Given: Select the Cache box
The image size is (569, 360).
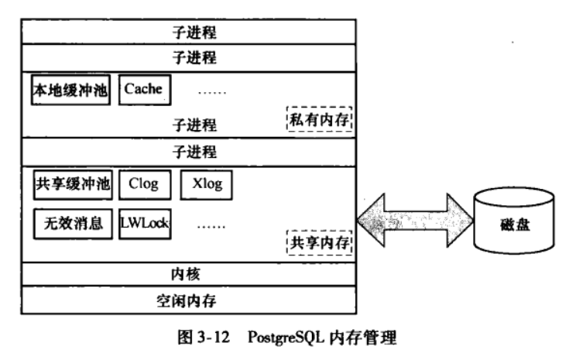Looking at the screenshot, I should tap(144, 89).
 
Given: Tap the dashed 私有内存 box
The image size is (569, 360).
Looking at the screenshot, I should tap(319, 119).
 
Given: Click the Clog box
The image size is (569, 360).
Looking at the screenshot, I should tap(144, 184).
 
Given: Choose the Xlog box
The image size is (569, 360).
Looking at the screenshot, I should tap(207, 184).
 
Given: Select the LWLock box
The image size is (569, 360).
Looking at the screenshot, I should tap(145, 224).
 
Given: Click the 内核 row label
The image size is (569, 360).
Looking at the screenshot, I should tap(186, 274).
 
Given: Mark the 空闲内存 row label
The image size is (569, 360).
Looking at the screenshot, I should tap(186, 300).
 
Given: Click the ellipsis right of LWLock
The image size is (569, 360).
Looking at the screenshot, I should tap(211, 226).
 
